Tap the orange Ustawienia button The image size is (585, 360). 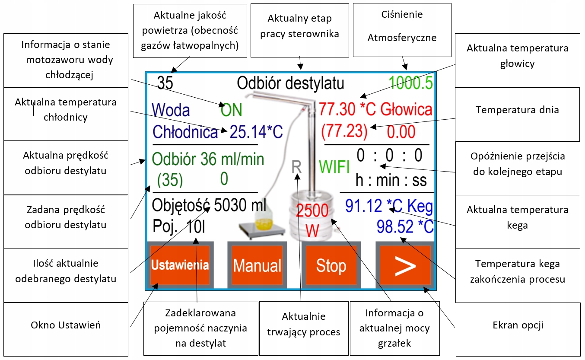pyautogui.click(x=180, y=265)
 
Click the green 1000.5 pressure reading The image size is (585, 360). pyautogui.click(x=411, y=83)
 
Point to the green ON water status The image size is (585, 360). pyautogui.click(x=231, y=111)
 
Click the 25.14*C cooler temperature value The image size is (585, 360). pyautogui.click(x=256, y=132)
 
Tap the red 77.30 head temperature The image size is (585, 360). pyautogui.click(x=338, y=110)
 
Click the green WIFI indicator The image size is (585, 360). pyautogui.click(x=334, y=167)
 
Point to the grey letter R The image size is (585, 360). pyautogui.click(x=296, y=167)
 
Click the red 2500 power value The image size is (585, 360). pyautogui.click(x=312, y=211)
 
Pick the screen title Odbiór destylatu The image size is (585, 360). pyautogui.click(x=290, y=83)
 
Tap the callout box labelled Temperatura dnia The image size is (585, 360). pyautogui.click(x=517, y=110)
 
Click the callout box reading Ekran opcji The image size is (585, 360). pyautogui.click(x=518, y=325)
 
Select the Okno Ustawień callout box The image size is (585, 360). pyautogui.click(x=66, y=325)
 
